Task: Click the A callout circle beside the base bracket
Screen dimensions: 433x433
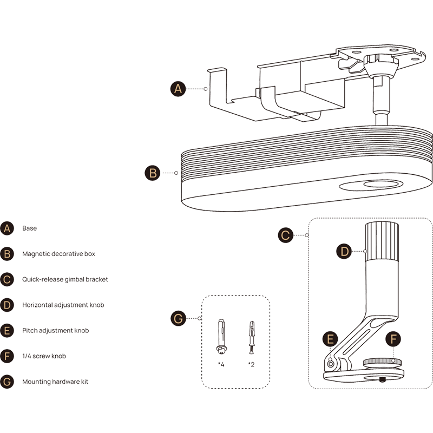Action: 179,89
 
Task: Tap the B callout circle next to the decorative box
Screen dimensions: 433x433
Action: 153,173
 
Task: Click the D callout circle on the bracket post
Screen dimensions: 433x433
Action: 344,252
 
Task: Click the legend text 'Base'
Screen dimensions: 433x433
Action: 29,228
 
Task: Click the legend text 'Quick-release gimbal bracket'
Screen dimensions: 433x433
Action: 65,279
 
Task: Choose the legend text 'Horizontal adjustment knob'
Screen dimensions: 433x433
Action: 63,305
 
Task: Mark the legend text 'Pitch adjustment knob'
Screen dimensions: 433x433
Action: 55,330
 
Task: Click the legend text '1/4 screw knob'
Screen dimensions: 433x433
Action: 44,356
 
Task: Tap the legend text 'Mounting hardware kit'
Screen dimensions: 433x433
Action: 55,381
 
